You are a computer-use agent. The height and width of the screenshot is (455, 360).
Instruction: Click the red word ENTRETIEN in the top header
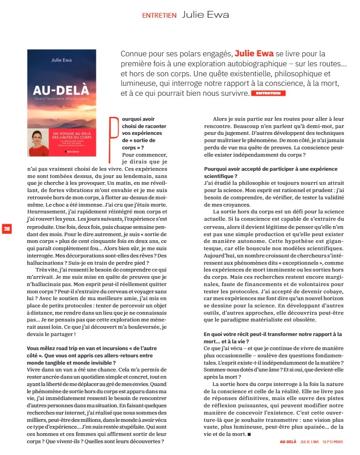click(159, 15)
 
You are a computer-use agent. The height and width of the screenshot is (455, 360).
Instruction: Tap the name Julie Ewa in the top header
click(205, 15)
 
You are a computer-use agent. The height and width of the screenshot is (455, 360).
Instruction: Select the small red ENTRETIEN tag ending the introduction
click(269, 93)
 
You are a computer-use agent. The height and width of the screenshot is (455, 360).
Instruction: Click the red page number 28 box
click(7, 228)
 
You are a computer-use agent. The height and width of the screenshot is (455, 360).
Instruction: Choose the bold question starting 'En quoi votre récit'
click(273, 337)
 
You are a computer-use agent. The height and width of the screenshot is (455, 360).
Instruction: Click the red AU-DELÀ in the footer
click(288, 441)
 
